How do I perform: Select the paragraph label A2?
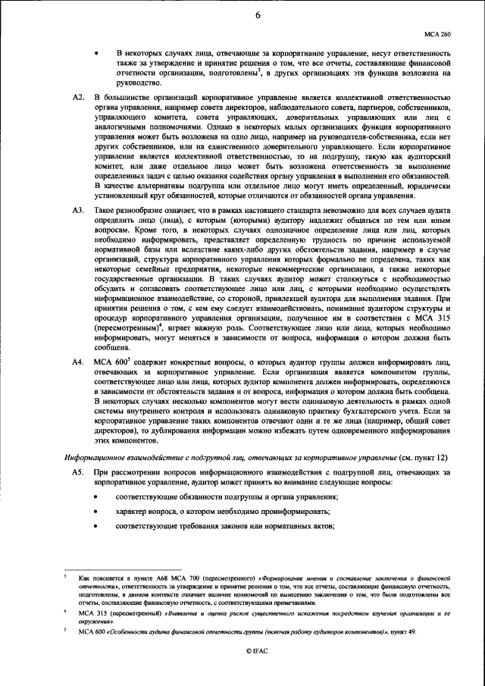(77, 99)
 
